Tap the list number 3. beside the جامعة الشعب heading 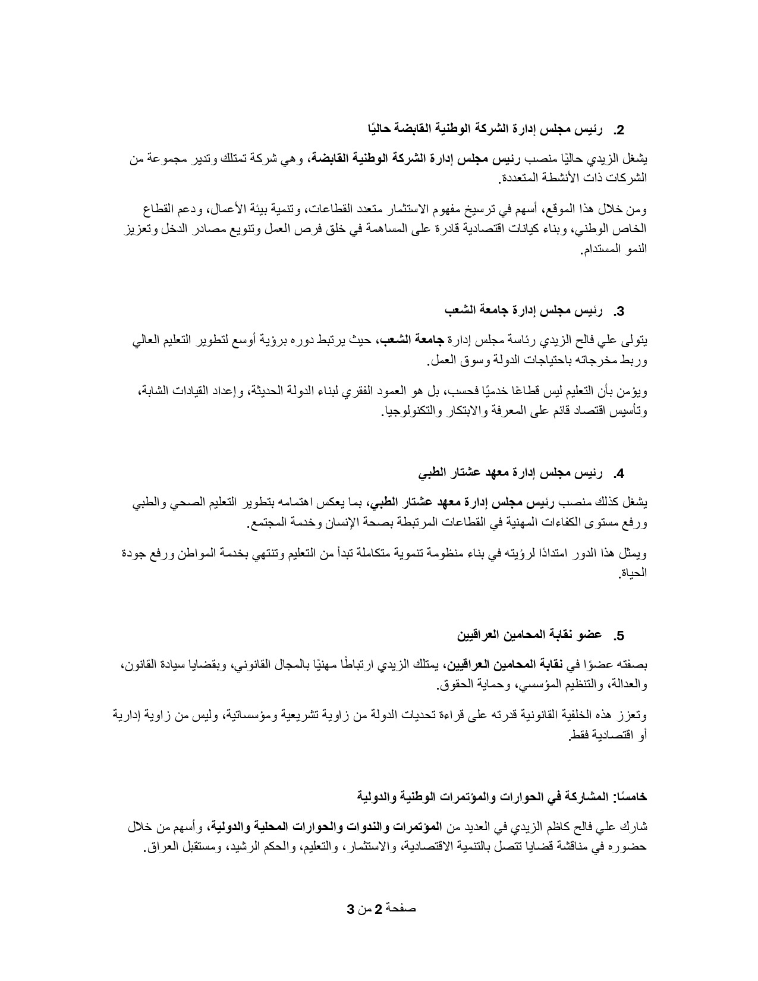(620, 311)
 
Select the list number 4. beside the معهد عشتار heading (620, 474)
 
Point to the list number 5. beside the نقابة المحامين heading (620, 636)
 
